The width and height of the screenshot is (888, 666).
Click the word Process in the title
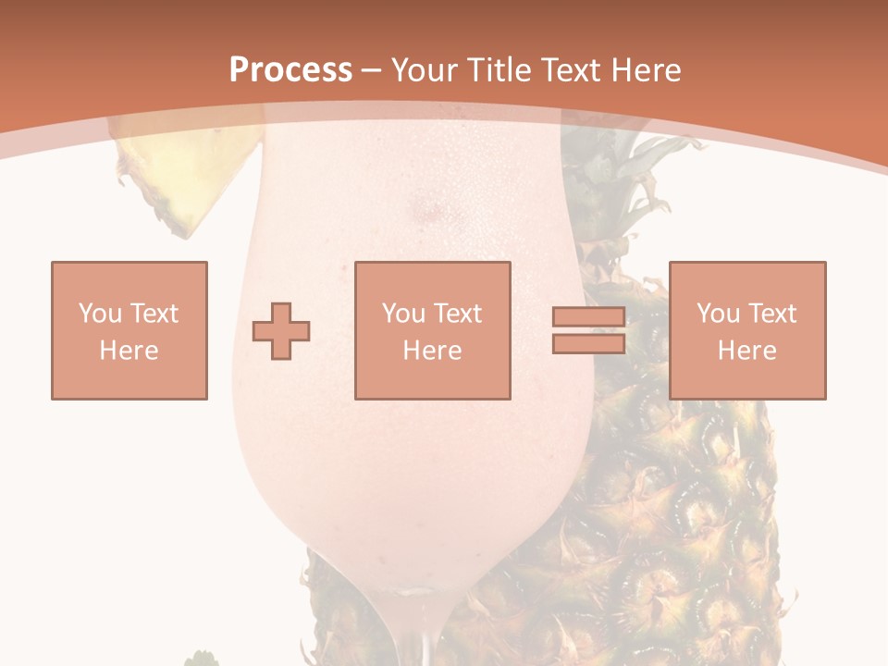coord(290,70)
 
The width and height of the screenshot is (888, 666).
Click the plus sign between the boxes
coord(281,331)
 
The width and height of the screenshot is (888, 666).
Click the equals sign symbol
coord(588,330)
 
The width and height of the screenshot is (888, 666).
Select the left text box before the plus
coord(129,330)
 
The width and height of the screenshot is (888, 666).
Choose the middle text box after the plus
coord(433,330)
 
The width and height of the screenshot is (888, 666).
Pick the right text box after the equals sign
coord(747,330)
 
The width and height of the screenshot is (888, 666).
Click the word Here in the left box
coord(129,351)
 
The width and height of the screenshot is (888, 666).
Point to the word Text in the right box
coord(771,314)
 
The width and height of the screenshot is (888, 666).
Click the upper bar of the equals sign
coord(588,317)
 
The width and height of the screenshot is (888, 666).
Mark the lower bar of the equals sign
coord(588,343)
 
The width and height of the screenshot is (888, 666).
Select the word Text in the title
coord(570,70)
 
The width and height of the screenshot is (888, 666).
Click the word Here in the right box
coord(747,351)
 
